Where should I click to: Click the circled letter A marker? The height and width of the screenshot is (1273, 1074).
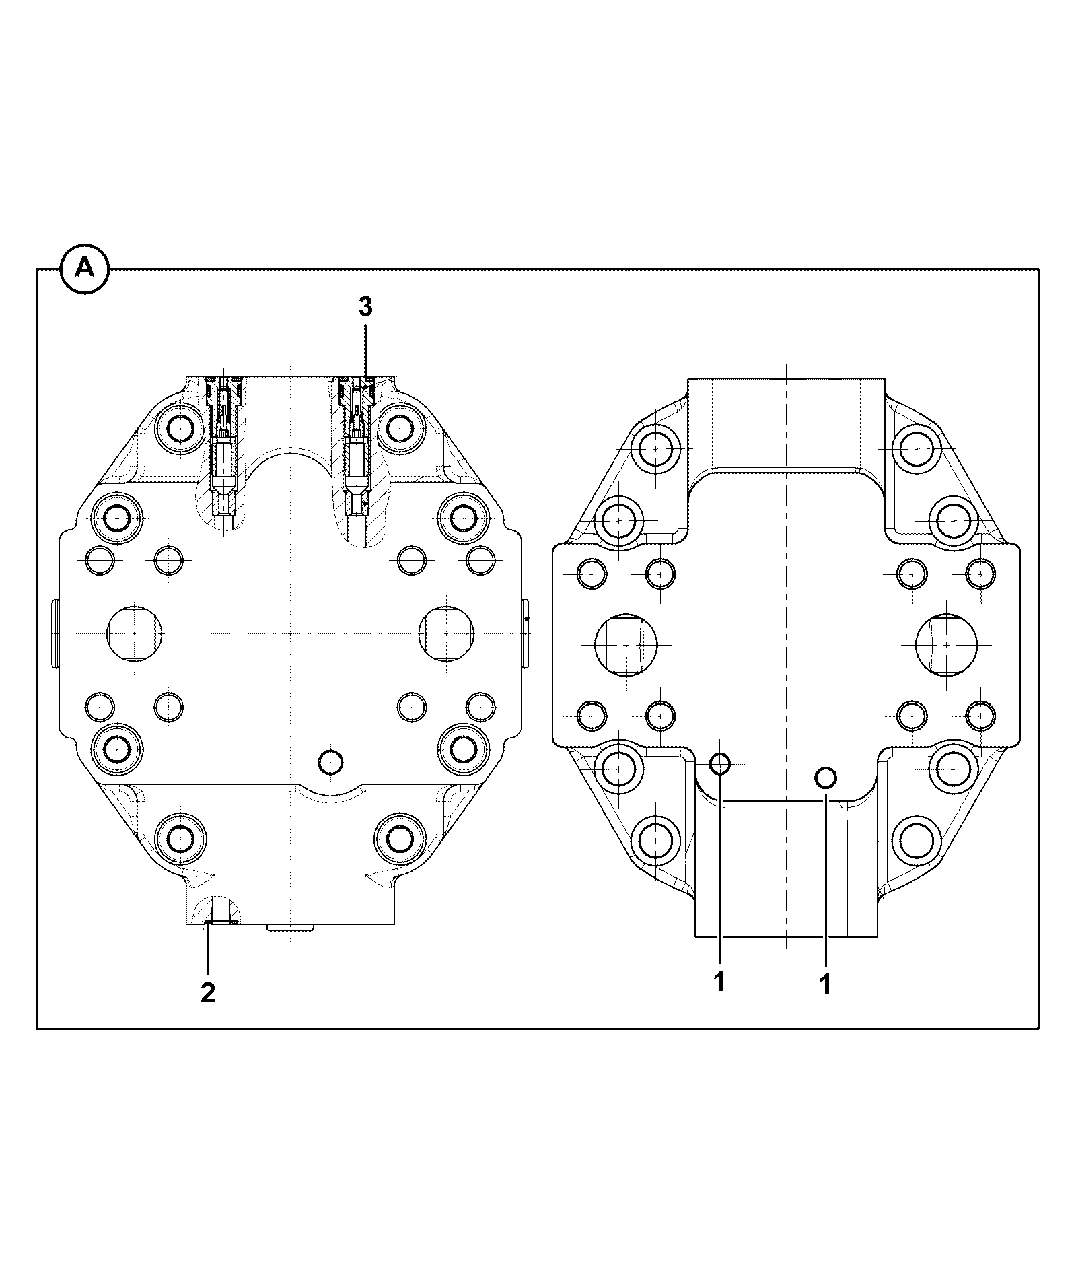point(85,269)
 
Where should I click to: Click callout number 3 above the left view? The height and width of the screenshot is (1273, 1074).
point(365,307)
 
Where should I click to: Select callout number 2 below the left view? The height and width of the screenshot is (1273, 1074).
point(208,992)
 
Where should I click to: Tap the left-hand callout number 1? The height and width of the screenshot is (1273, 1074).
point(719,982)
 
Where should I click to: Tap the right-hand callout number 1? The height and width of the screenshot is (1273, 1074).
point(825,985)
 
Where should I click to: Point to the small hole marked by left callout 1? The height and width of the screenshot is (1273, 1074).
point(720,763)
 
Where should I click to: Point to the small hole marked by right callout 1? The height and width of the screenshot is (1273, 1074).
point(826,778)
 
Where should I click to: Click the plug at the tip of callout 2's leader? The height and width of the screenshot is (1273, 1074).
point(218,922)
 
